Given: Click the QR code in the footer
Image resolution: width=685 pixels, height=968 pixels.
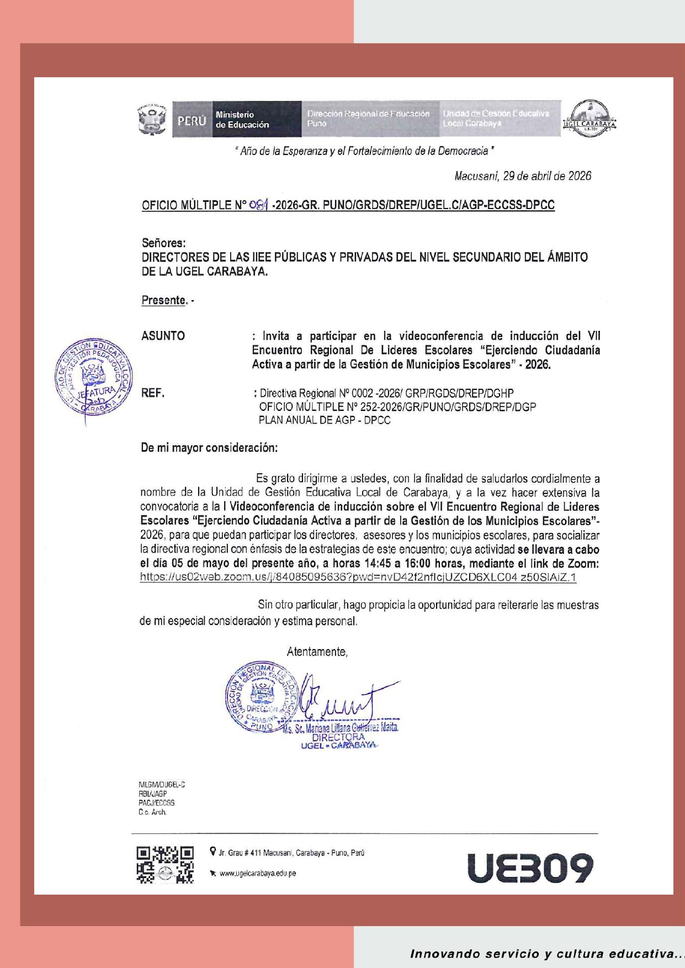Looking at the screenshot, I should pos(165,865).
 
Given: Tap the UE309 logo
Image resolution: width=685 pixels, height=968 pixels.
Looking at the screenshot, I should pos(529,868).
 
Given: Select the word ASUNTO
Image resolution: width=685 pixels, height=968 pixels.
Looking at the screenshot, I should pos(163,336).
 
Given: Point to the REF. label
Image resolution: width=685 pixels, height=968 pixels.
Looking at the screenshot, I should pos(153,393).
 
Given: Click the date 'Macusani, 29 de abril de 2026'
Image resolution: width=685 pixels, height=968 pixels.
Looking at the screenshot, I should pos(522,176).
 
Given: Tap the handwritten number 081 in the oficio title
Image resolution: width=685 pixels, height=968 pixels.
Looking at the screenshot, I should pos(258,205).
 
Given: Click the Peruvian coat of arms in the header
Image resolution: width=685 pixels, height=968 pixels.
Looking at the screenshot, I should pos(152,119).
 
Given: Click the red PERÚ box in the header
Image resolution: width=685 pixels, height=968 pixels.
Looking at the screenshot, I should pos(192,120).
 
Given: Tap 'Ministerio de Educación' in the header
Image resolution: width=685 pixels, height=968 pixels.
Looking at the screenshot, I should pos(242,120).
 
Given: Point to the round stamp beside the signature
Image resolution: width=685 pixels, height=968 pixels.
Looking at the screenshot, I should pos(261,697).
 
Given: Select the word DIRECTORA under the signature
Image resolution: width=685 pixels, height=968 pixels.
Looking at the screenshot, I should pos(338,737).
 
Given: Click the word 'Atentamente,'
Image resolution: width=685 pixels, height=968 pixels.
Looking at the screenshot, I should pos(317,652).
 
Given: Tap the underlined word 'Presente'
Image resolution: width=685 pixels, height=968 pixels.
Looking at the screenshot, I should pos(163,300).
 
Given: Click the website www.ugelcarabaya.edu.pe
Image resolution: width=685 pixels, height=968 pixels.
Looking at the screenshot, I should pos(257,873).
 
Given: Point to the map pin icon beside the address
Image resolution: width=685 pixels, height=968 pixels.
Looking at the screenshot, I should pos(213,852).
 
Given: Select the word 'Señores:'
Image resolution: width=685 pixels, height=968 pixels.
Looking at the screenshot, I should pos(163,243).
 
